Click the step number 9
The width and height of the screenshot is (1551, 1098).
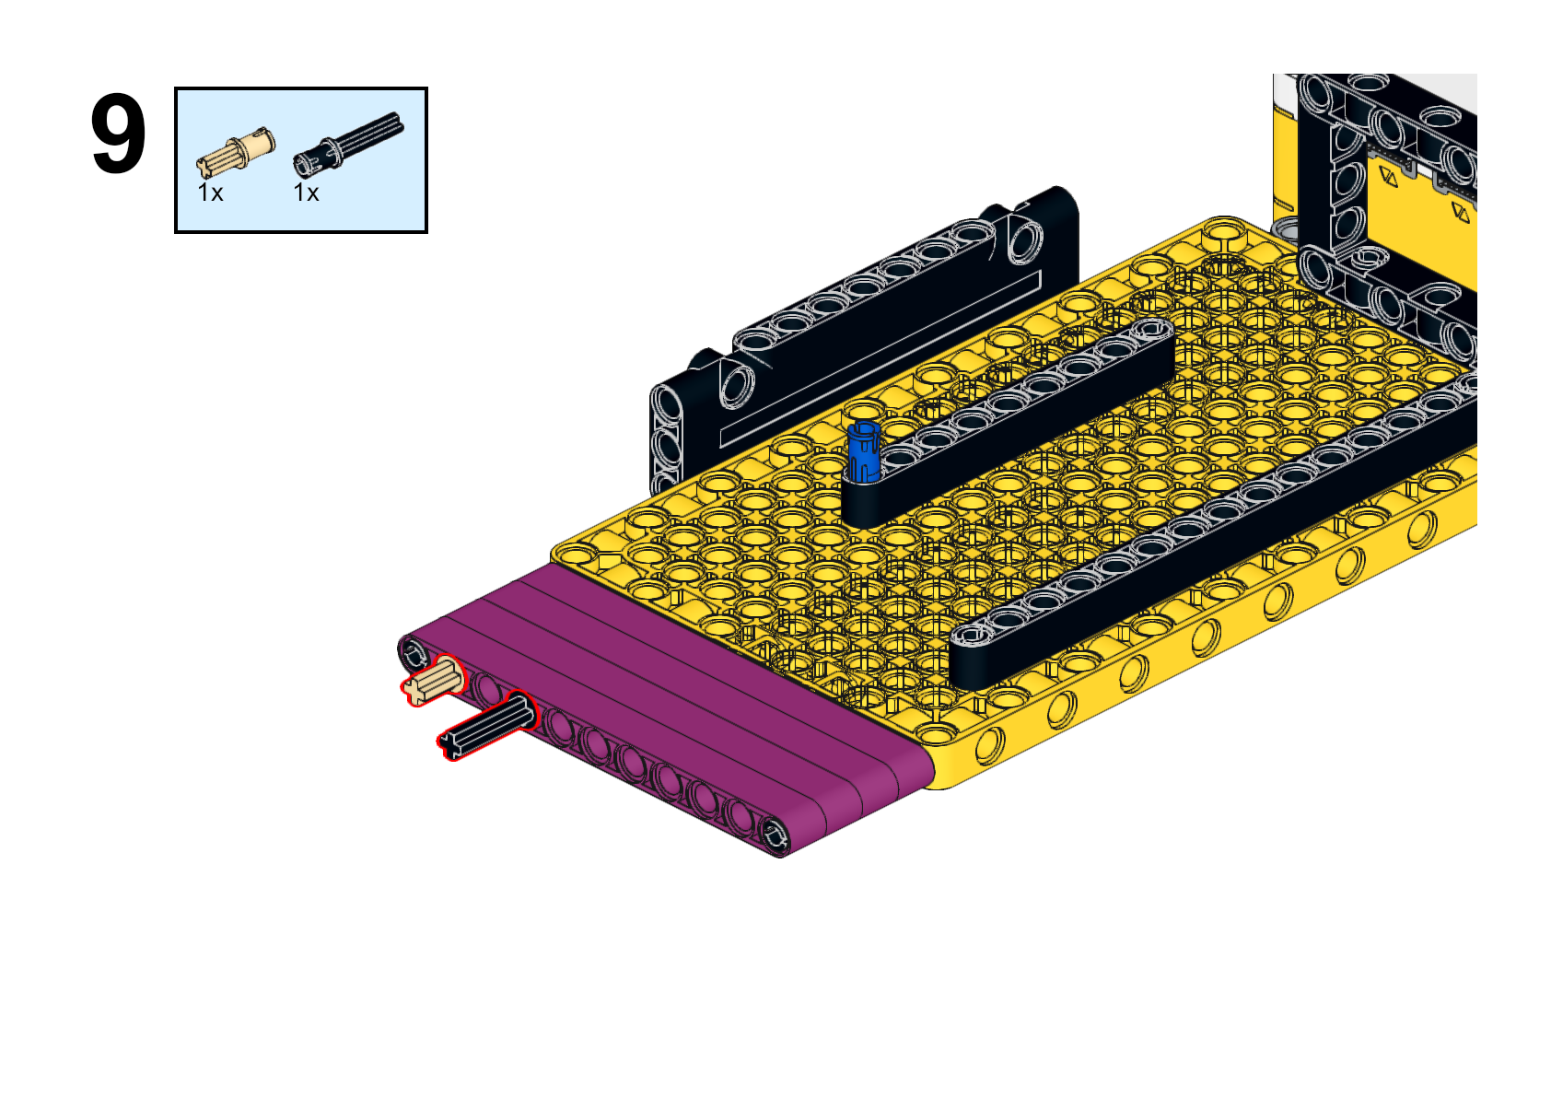[118, 134]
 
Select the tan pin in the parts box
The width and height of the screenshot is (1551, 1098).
[236, 152]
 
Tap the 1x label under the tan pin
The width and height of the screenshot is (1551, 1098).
[211, 193]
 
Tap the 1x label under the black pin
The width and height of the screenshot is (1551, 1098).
[306, 193]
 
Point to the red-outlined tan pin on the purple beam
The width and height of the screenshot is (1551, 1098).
[434, 681]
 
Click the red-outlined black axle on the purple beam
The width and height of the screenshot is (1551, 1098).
[488, 726]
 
